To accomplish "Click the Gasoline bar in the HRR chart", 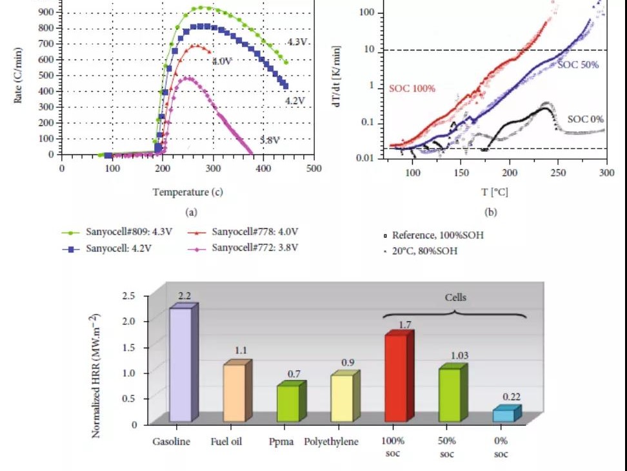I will pos(181,365).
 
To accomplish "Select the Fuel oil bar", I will pos(234,393).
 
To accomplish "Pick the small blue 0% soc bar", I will pos(504,415).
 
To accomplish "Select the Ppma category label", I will pos(282,442).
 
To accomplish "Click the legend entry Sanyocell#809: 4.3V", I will pos(123,232).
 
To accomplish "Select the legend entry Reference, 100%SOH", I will pos(432,235).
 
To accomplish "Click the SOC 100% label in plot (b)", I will pos(412,88).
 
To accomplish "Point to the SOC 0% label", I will pos(585,119).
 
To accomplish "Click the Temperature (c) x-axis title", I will pos(188,192).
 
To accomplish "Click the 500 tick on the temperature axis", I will pos(314,168).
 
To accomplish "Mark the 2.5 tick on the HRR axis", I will pos(129,296).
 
